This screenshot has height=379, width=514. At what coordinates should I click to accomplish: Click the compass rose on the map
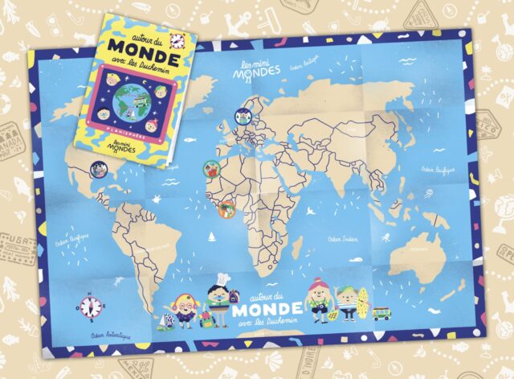click(91, 307)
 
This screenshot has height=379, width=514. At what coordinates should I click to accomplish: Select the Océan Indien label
click(343, 239)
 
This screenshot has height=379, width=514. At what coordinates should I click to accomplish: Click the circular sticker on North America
click(98, 169)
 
